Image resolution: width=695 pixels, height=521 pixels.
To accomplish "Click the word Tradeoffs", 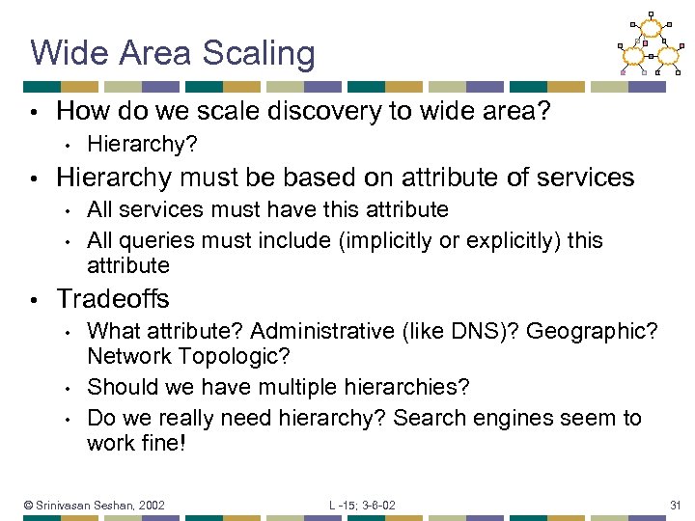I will click(x=113, y=299).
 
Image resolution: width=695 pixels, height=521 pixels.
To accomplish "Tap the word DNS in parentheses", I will click(x=484, y=332).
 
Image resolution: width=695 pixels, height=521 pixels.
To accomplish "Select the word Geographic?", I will click(x=592, y=332).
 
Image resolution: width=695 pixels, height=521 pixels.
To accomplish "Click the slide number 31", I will click(x=675, y=505).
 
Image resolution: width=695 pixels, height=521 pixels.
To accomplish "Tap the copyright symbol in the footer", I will click(x=29, y=505).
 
